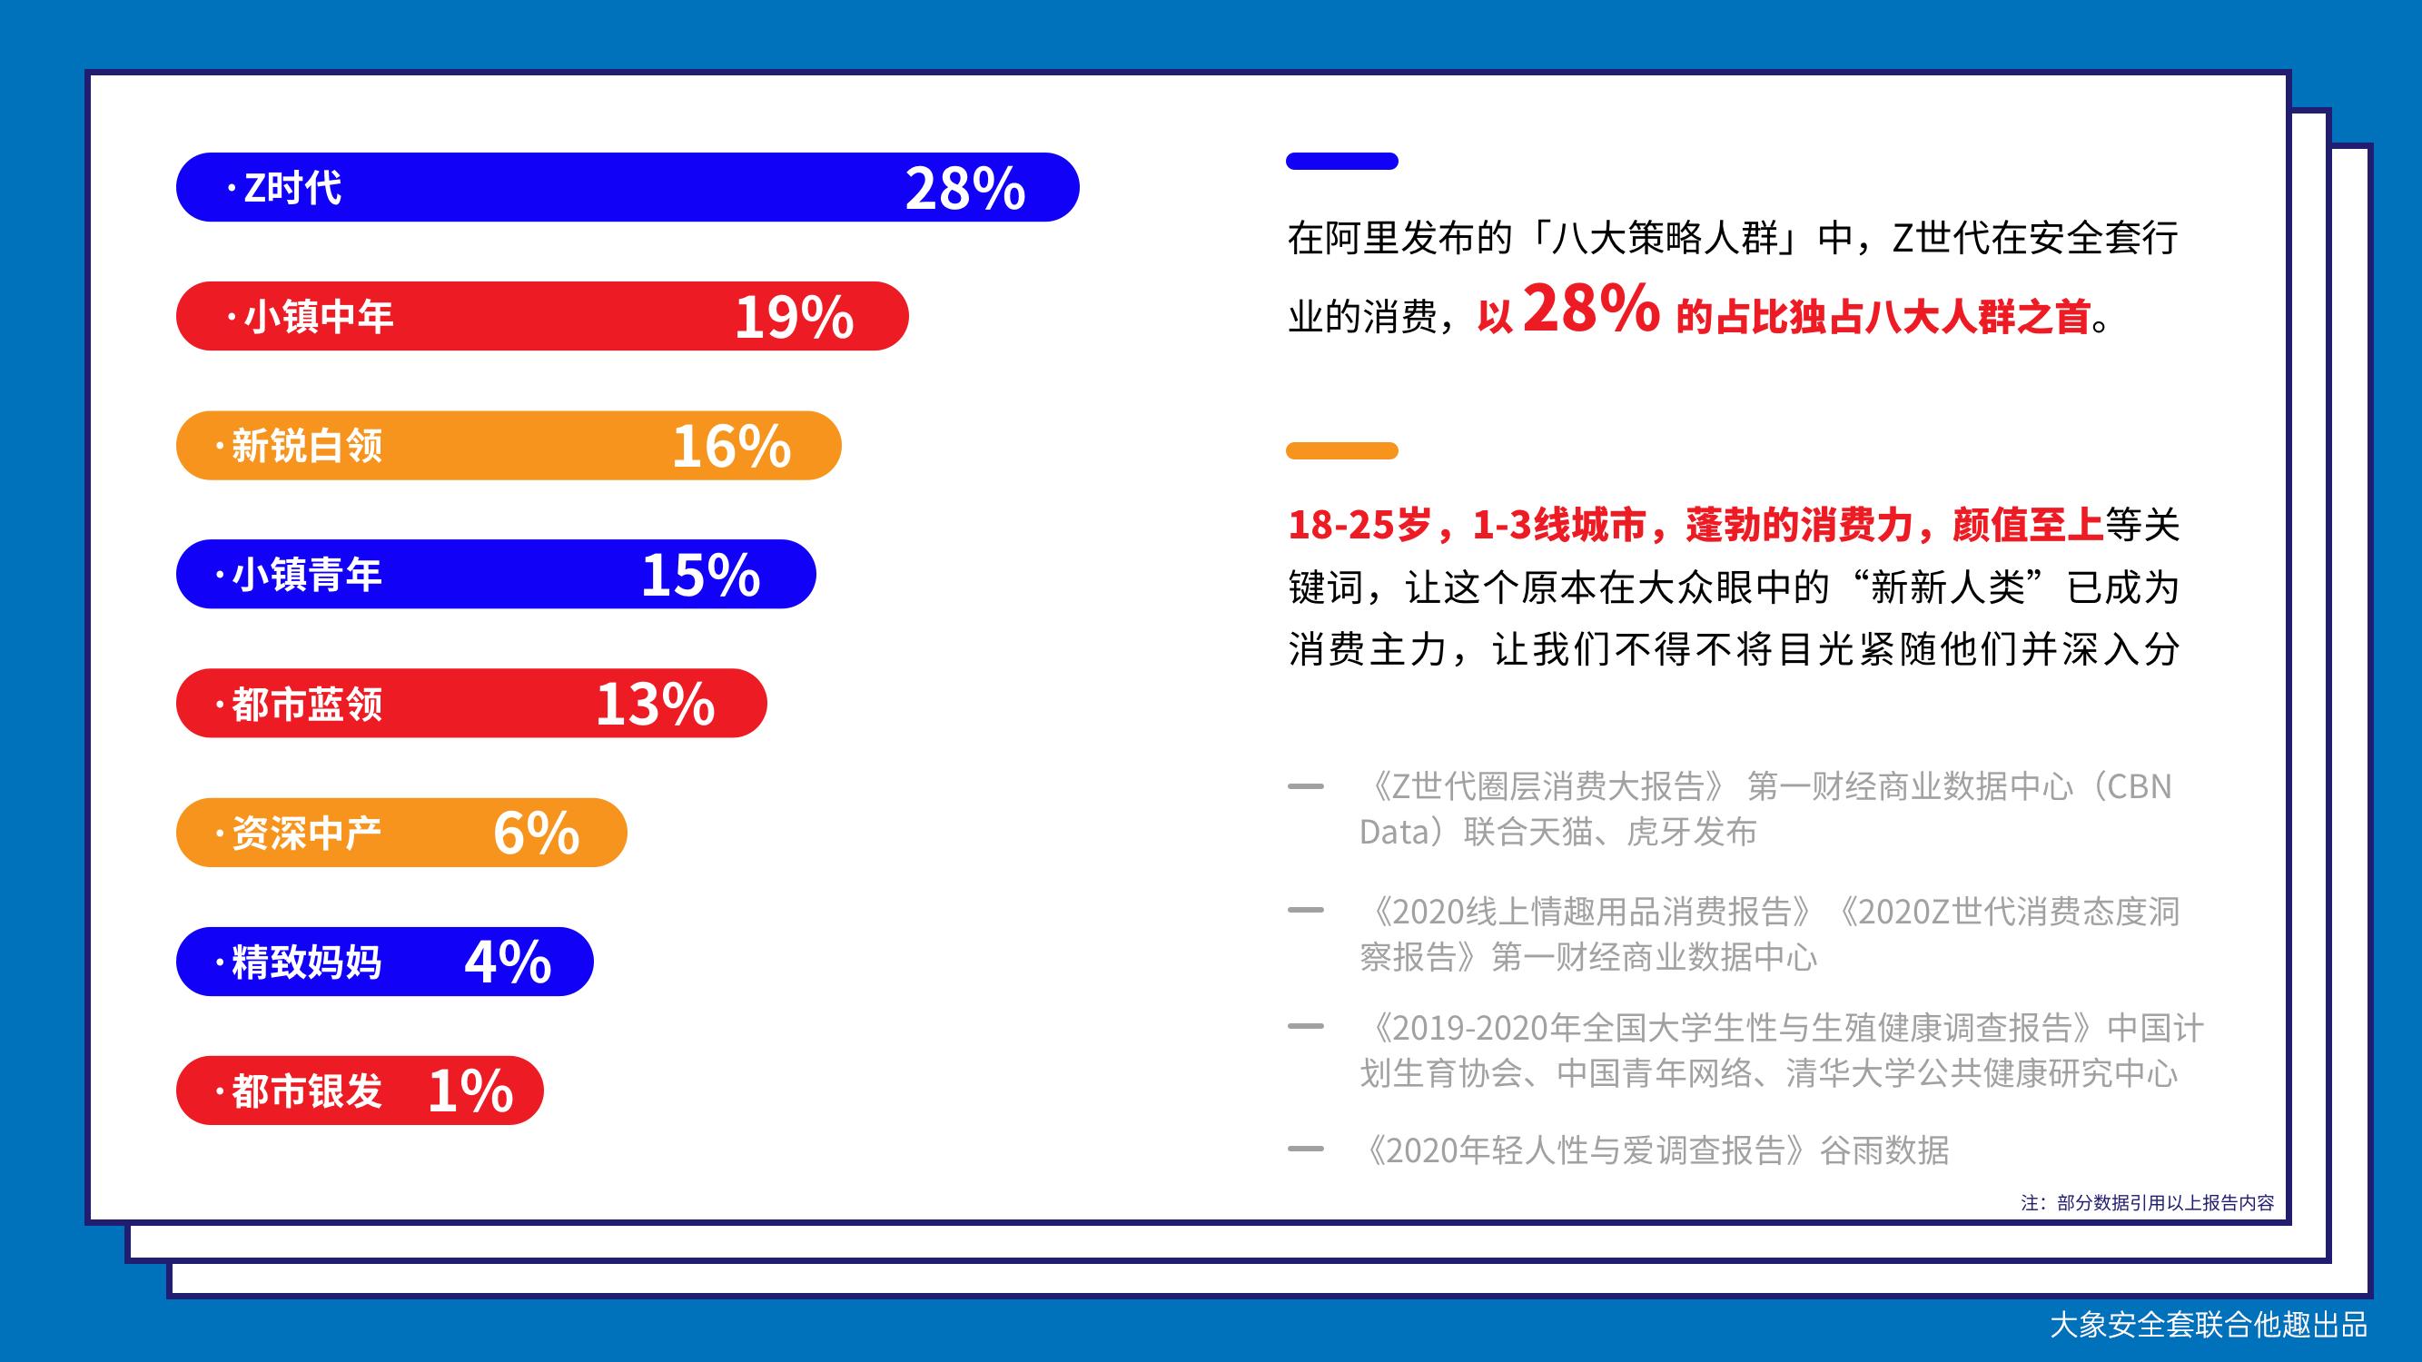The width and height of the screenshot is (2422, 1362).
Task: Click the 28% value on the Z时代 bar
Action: [964, 189]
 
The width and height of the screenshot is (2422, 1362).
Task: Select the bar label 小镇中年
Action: [319, 317]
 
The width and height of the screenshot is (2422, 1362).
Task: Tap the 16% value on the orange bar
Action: [731, 447]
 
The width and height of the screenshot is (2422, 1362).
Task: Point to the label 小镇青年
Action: [307, 576]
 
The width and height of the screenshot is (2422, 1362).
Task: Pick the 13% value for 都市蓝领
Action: [656, 705]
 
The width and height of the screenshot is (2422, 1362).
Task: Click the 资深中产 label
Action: [307, 834]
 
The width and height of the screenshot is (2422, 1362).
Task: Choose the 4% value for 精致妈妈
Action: [508, 962]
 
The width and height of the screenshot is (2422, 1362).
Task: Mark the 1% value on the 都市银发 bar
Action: [470, 1091]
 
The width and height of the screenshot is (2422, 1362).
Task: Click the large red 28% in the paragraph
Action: [1591, 309]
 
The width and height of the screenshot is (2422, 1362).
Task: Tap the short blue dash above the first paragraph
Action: [1341, 161]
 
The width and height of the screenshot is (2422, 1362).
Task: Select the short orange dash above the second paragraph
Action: [1341, 451]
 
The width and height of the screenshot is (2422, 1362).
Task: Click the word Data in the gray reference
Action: [1394, 832]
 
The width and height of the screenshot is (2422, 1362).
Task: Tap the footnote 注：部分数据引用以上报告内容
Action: [2148, 1203]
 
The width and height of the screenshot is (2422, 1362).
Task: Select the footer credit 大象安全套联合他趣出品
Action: [2209, 1326]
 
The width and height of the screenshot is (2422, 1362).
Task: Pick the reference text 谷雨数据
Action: [1884, 1150]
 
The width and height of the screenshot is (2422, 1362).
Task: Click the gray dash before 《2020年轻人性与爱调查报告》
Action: [1305, 1149]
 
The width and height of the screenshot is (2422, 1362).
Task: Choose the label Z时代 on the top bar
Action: [292, 188]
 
